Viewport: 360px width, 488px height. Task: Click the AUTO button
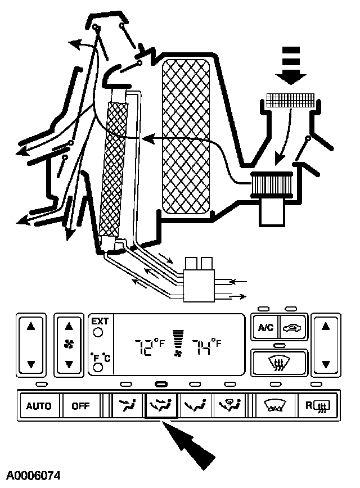39,406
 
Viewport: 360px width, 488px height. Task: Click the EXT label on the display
100,322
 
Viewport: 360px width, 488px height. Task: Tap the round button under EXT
98,332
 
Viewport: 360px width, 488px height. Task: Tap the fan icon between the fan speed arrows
69,344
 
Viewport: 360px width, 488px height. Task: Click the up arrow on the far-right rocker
325,325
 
